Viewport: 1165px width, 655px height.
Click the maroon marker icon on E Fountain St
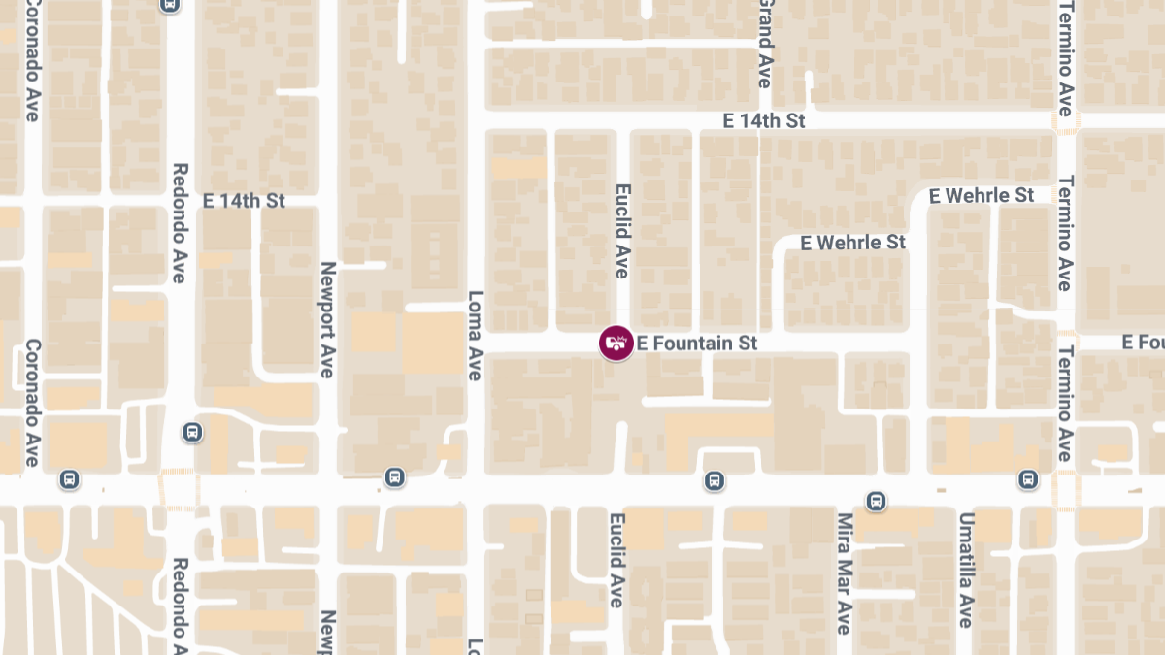[x=616, y=343]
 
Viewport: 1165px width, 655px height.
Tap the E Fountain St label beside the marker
[x=697, y=344]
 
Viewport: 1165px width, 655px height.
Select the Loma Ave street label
[x=475, y=336]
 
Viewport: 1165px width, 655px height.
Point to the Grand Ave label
[x=765, y=45]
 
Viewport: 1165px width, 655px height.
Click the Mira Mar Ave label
[x=844, y=573]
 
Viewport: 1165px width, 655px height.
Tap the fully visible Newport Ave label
[x=328, y=319]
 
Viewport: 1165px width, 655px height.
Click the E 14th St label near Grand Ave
[x=764, y=121]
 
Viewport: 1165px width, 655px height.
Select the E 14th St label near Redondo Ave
[x=244, y=201]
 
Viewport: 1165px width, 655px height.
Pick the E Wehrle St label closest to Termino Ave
[x=981, y=195]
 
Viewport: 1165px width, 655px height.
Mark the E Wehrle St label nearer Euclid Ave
[x=852, y=242]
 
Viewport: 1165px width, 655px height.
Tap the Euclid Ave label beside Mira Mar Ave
[x=616, y=561]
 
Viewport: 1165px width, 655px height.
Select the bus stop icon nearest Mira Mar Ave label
[x=876, y=500]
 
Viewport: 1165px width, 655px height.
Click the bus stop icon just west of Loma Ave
[x=394, y=476]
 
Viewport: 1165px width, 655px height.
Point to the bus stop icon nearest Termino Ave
[x=1028, y=478]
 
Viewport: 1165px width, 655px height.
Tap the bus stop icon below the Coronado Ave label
[x=69, y=478]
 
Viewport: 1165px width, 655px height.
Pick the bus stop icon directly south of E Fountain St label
[x=714, y=480]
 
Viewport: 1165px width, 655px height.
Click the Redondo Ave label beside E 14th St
[x=180, y=223]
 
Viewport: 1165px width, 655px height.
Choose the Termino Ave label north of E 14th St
[x=1066, y=58]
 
